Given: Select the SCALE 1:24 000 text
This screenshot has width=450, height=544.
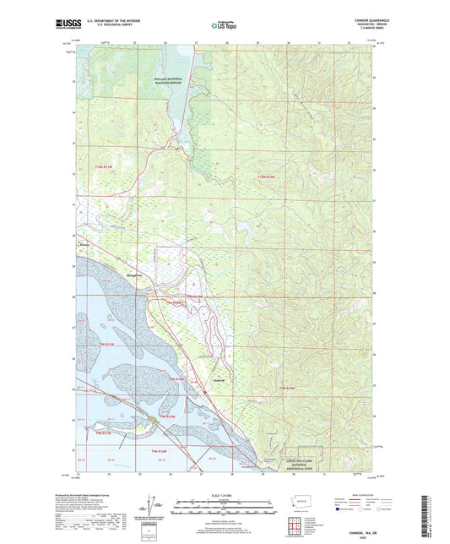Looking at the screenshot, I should click(224, 493).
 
